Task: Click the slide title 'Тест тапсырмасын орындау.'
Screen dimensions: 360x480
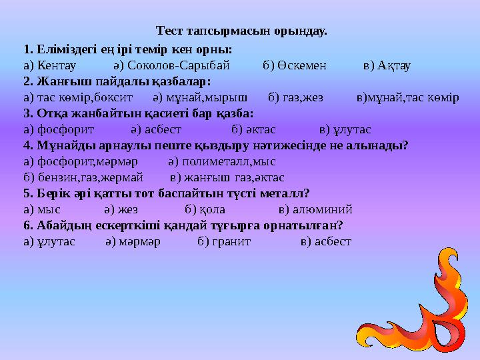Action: (x=241, y=31)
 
